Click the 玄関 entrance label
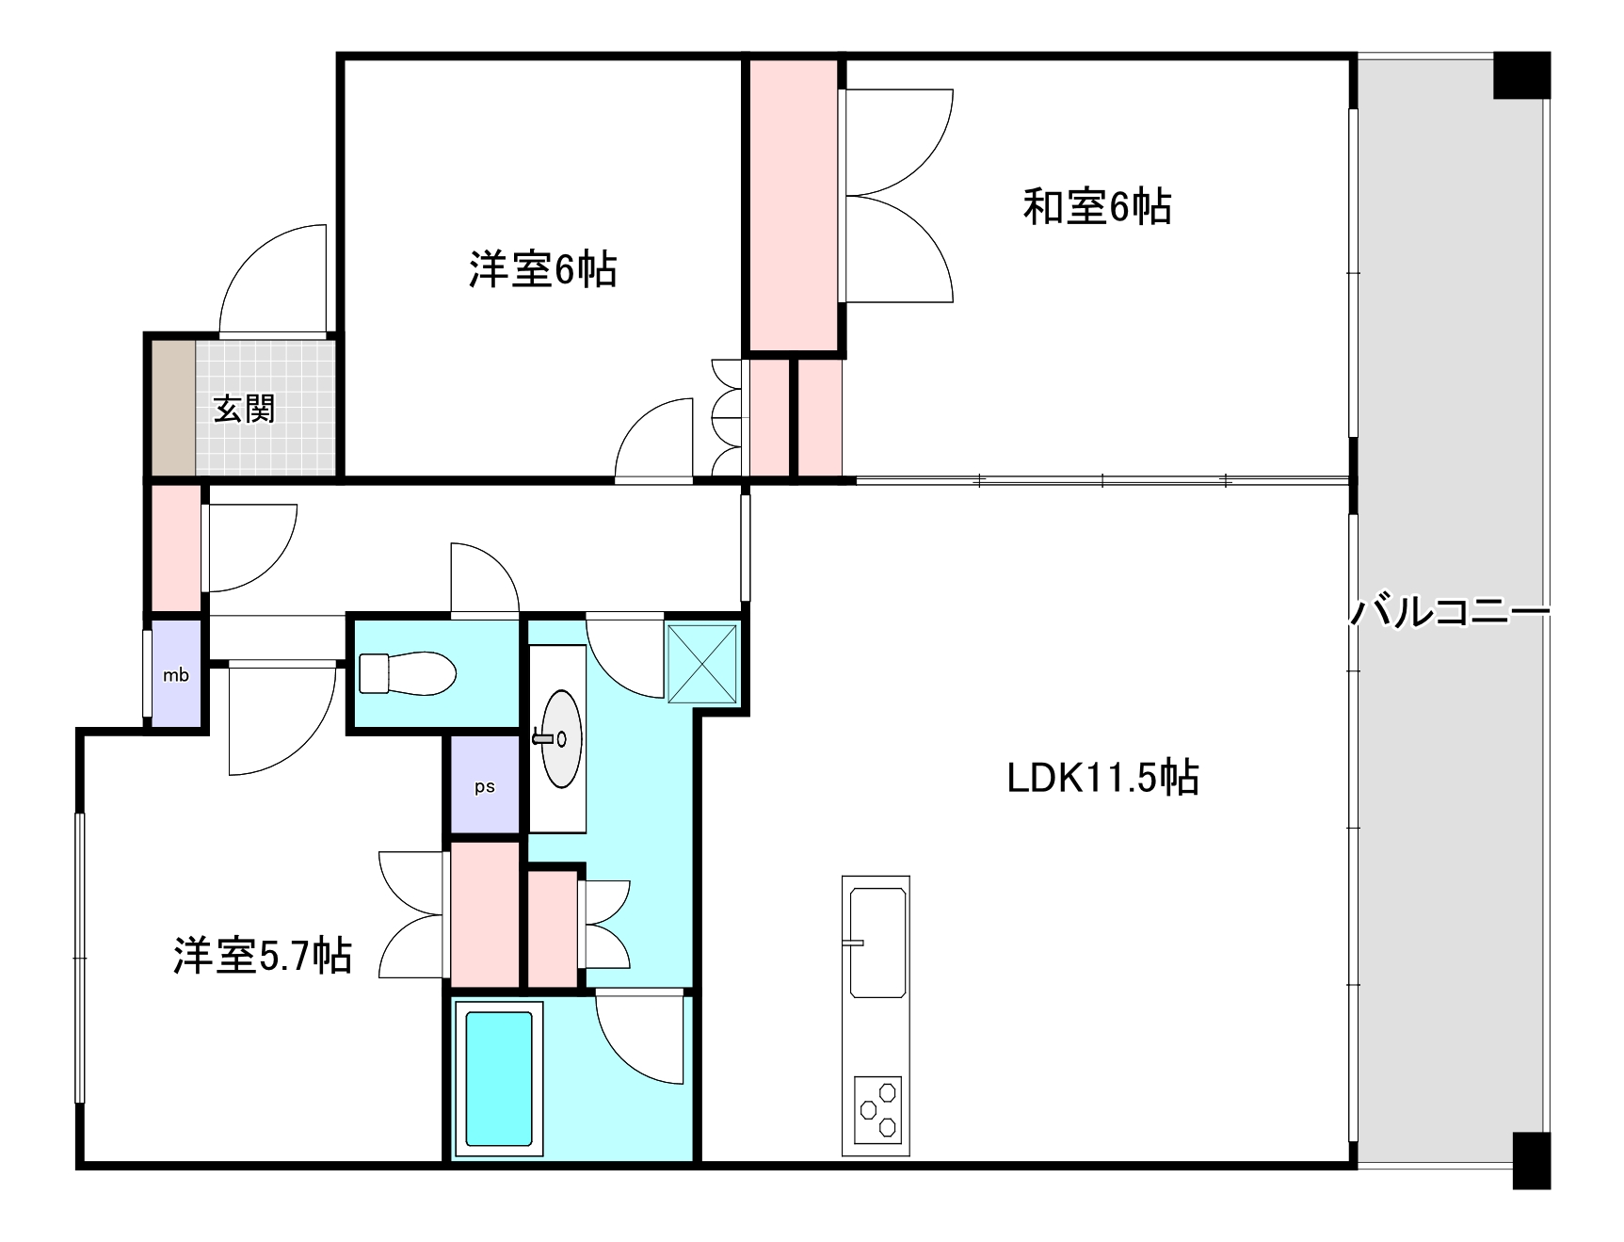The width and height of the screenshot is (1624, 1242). (x=244, y=410)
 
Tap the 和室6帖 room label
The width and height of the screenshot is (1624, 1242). (x=1097, y=206)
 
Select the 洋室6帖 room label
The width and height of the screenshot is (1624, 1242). (x=542, y=270)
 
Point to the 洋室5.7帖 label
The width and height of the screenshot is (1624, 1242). (x=263, y=955)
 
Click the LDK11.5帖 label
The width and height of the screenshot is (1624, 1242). (x=1102, y=779)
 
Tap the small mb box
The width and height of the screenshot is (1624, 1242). (x=176, y=674)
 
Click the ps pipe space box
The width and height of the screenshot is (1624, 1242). (x=485, y=786)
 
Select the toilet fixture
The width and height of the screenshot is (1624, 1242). (x=408, y=674)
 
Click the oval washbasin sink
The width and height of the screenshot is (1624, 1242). (x=561, y=738)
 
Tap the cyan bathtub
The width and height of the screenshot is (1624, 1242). (x=498, y=1078)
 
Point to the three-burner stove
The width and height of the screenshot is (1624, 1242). (x=877, y=1109)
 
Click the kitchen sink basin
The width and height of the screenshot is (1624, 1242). (x=877, y=942)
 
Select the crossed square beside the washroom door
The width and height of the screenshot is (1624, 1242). (x=701, y=663)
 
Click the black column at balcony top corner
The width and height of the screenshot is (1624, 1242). (x=1520, y=75)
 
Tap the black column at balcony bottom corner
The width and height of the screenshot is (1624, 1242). (x=1531, y=1160)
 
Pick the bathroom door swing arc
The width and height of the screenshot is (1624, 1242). (x=638, y=1040)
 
